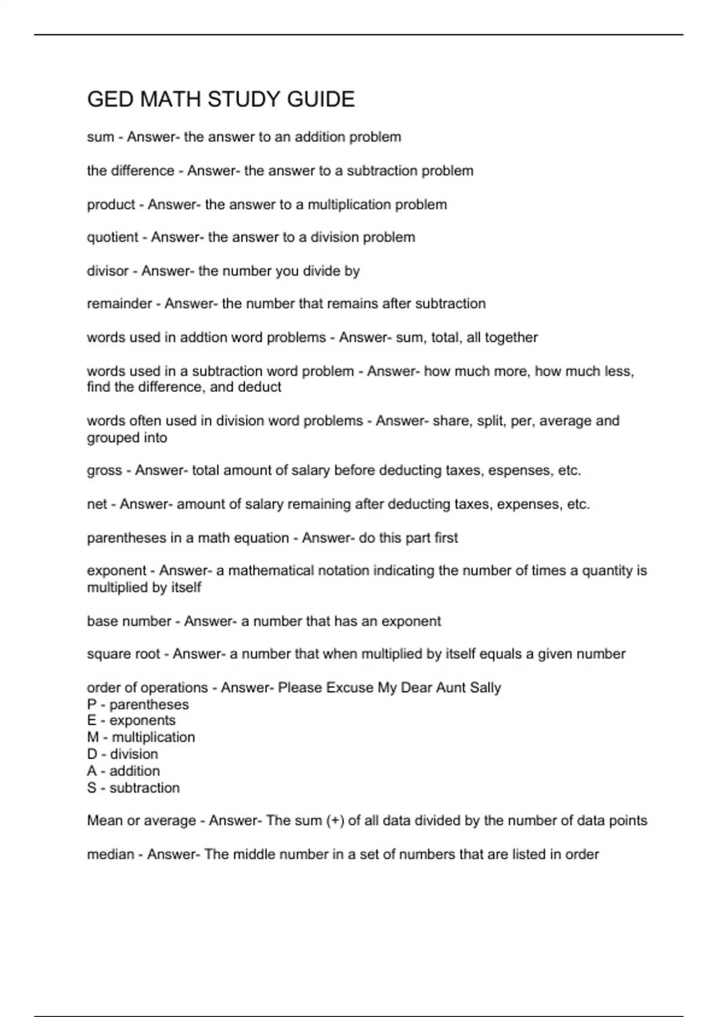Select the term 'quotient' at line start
pos(112,237)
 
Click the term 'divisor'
pos(108,271)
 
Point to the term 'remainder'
pos(119,304)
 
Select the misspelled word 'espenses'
pos(520,471)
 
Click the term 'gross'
pos(104,471)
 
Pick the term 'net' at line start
pos(97,504)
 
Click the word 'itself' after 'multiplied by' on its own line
pos(186,587)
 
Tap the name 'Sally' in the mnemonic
pos(485,687)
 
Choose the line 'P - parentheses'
pos(138,705)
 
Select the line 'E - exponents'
pos(131,720)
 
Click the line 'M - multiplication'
pos(141,737)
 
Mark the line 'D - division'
pos(123,754)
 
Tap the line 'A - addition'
pos(123,771)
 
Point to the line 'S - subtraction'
pos(133,788)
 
